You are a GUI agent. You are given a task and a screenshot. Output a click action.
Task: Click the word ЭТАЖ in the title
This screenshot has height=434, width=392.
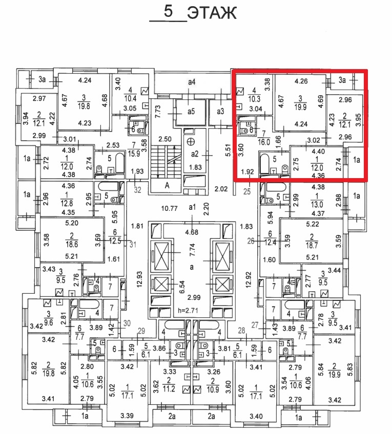coord(212,13)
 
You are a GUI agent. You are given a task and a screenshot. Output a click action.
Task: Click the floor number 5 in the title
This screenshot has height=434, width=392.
coord(167,11)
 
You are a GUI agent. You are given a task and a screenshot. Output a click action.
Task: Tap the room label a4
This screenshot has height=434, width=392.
coord(192,82)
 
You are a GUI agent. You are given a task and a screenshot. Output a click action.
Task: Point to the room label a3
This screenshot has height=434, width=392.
coord(221,111)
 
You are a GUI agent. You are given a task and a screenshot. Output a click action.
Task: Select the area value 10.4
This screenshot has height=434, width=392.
coord(131,98)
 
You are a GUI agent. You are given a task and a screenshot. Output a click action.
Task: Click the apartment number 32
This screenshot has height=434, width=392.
coord(136,190)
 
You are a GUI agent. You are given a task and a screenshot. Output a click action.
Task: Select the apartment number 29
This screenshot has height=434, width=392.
coord(142,330)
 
